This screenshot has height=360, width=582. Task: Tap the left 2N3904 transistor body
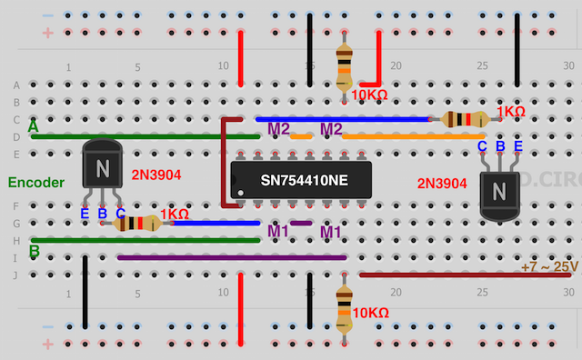103,169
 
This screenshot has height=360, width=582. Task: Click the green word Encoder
37,182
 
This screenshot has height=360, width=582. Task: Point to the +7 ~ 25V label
549,265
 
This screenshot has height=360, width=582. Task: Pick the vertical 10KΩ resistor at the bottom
344,309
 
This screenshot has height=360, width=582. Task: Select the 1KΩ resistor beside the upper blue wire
465,119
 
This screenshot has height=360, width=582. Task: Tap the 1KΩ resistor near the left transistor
139,223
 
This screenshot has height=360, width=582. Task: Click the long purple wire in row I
232,257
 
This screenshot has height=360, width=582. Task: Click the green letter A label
34,127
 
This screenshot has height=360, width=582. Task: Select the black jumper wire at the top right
517,50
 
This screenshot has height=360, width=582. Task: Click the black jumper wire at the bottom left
85,291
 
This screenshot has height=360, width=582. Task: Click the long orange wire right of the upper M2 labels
400,136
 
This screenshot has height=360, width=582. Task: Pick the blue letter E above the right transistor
518,146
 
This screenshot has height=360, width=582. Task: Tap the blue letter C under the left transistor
121,214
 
